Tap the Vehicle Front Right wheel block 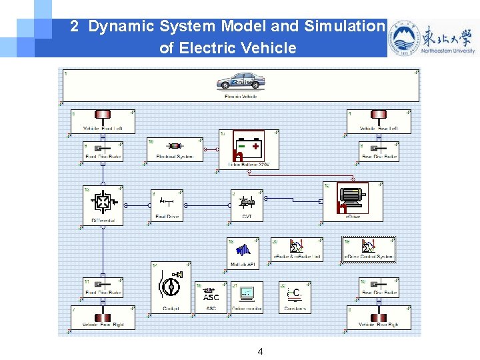[103, 318]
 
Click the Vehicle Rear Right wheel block [379, 318]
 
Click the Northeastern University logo [433, 38]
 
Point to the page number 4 [260, 351]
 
